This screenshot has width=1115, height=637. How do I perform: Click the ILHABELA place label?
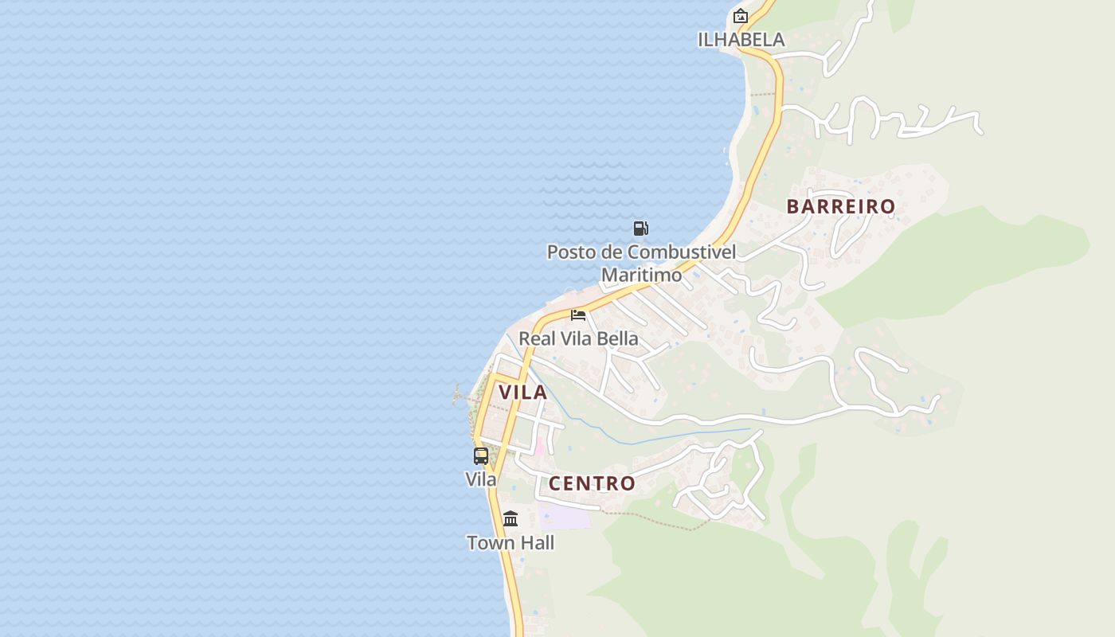(741, 39)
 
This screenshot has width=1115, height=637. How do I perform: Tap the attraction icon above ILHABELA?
(741, 15)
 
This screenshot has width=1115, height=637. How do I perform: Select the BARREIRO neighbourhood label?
(841, 206)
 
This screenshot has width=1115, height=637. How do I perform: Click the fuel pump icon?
(640, 229)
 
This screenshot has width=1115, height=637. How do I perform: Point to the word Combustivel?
(681, 252)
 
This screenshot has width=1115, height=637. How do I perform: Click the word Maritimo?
(641, 275)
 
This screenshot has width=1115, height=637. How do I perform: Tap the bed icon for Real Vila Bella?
(578, 315)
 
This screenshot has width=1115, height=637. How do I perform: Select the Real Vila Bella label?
(578, 338)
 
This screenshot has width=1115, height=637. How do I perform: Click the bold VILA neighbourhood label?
(522, 392)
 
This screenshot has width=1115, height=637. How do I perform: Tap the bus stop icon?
(481, 456)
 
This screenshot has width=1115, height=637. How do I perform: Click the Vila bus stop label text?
(481, 479)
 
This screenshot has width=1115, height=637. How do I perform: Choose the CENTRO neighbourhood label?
(592, 483)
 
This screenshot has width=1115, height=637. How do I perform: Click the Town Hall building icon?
(511, 519)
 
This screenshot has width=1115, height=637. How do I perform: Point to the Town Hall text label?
(511, 543)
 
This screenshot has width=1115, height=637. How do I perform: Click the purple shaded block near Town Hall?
(565, 515)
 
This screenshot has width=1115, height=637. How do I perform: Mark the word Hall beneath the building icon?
(537, 543)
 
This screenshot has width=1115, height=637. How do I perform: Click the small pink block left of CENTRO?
(539, 446)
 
